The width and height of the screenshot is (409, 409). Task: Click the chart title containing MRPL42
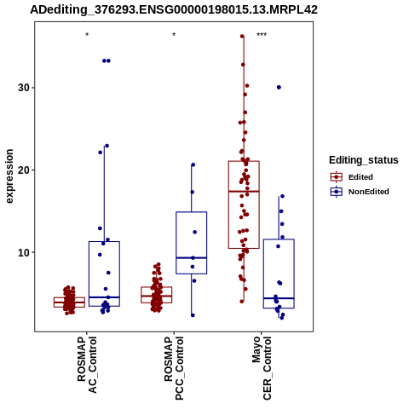pyautogui.click(x=174, y=9)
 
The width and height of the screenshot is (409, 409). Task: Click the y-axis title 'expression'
pyautogui.click(x=9, y=176)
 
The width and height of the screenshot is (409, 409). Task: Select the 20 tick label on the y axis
pyautogui.click(x=24, y=170)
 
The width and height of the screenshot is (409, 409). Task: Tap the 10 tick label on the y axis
pyautogui.click(x=24, y=252)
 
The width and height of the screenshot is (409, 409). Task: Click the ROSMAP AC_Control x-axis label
pyautogui.click(x=87, y=365)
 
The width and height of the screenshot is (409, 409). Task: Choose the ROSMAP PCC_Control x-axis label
pyautogui.click(x=174, y=368)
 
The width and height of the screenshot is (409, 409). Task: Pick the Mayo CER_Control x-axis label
pyautogui.click(x=262, y=368)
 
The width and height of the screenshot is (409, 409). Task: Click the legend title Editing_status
pyautogui.click(x=364, y=160)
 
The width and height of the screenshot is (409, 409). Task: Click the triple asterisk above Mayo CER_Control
pyautogui.click(x=262, y=35)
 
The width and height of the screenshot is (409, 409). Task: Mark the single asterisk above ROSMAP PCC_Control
pyautogui.click(x=174, y=35)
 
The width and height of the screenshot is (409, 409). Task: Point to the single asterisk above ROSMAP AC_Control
pyautogui.click(x=87, y=35)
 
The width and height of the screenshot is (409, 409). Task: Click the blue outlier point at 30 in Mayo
pyautogui.click(x=279, y=87)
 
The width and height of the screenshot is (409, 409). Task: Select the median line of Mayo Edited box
pyautogui.click(x=244, y=192)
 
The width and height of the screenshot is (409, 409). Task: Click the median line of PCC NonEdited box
pyautogui.click(x=192, y=257)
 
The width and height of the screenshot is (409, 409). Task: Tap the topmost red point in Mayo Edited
pyautogui.click(x=242, y=36)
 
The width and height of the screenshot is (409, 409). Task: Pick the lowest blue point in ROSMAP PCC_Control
pyautogui.click(x=193, y=315)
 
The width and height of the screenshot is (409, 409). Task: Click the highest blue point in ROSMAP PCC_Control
pyautogui.click(x=193, y=164)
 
